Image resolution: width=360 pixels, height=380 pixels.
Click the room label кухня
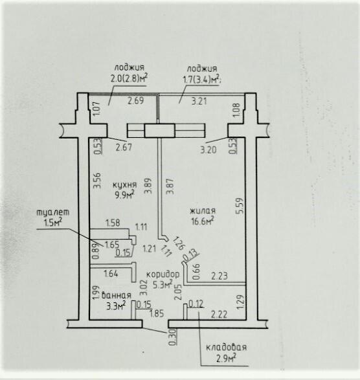click(125, 185)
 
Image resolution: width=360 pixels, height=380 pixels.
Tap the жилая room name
click(203, 211)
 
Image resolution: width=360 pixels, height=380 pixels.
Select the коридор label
click(163, 274)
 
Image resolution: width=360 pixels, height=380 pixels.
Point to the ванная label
click(117, 295)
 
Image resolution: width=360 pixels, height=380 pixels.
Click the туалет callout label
click(53, 212)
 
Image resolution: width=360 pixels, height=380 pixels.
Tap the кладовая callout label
click(226, 347)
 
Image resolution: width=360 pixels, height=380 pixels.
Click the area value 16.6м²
click(203, 221)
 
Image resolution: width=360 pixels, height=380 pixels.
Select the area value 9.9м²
click(125, 195)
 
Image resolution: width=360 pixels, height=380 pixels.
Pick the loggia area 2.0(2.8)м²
click(129, 78)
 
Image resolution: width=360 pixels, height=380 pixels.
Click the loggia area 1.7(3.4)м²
click(202, 79)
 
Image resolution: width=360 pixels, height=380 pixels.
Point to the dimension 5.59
click(240, 206)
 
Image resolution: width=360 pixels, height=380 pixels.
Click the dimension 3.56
click(97, 181)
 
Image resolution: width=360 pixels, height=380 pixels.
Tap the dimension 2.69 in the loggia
click(136, 100)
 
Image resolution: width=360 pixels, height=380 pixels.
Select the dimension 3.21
click(199, 101)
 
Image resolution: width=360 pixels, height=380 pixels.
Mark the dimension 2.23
click(219, 276)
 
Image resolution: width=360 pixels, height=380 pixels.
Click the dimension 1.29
click(240, 302)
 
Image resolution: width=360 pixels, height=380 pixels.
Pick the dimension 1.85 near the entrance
click(157, 313)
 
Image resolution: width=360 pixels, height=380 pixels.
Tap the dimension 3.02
click(144, 287)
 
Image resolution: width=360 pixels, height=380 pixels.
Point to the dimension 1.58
click(113, 223)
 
